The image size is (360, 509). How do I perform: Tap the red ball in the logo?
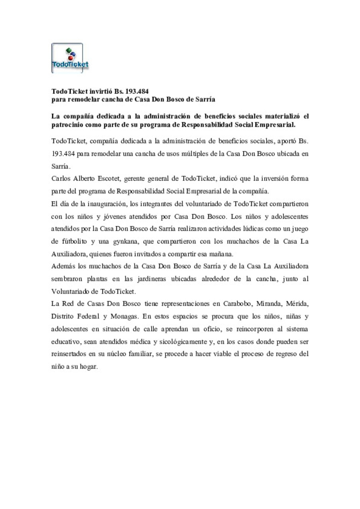point(70,58)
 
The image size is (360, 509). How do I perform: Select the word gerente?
point(134,179)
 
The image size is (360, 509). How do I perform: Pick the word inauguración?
point(106,204)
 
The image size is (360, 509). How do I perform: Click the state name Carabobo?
point(237,304)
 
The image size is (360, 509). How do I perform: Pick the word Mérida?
point(297,304)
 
